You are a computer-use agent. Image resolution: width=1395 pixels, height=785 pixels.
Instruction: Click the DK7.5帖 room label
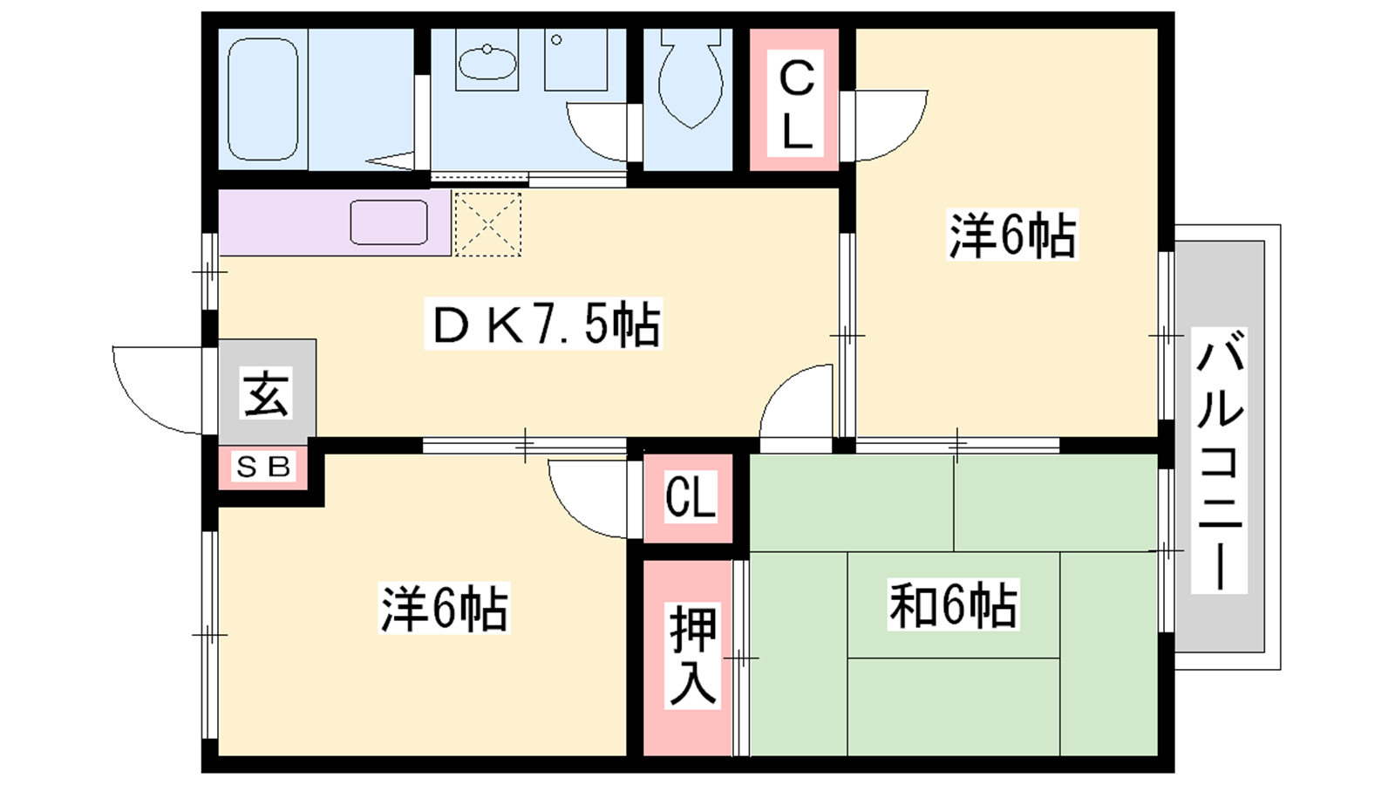544,324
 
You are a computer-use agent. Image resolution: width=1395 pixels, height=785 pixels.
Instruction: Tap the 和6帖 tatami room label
953,604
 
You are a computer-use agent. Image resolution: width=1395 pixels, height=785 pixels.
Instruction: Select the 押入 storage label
692,655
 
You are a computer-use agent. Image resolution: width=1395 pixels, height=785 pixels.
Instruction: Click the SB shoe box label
262,467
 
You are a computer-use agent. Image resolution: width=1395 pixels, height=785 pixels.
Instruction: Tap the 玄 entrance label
265,393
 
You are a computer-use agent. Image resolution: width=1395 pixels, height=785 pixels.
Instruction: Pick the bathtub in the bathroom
262,99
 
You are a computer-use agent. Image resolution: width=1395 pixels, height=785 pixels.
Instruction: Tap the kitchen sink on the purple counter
389,222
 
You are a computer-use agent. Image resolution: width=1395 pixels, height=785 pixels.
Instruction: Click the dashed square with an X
488,224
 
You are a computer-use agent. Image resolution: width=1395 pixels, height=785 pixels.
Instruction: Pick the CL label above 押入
690,496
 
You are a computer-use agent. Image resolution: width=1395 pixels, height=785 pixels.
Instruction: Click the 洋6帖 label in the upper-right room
1012,235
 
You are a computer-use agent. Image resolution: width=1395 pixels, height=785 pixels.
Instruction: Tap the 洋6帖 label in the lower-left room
444,607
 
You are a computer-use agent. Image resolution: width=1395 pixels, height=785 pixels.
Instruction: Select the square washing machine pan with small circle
575,60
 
